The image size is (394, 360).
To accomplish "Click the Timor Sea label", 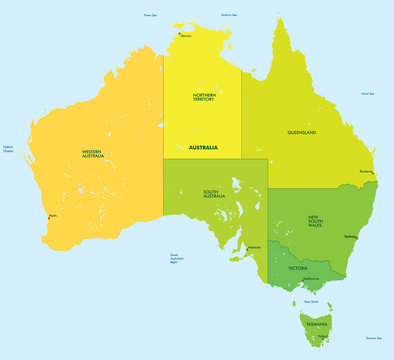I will point(150,16).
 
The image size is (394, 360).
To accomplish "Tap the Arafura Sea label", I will point(229,15).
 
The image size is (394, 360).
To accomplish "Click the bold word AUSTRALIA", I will point(203,147).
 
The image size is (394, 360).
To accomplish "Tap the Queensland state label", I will point(301,132).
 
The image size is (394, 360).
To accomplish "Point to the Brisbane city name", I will point(366,171).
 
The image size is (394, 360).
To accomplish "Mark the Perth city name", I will point(52,216).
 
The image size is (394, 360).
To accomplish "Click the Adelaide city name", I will point(254,246).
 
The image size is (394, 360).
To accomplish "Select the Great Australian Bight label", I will point(181,258).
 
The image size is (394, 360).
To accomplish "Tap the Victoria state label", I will point(298,268).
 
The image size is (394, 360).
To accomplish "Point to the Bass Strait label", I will point(311,301).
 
